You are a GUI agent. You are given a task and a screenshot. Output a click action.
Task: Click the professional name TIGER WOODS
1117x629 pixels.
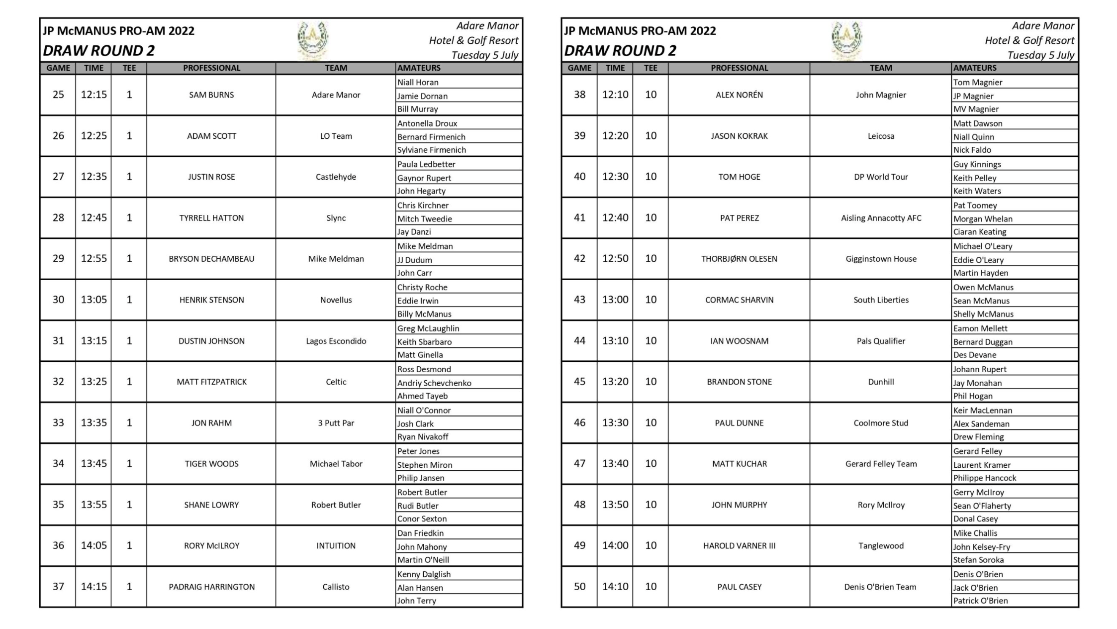[211, 464]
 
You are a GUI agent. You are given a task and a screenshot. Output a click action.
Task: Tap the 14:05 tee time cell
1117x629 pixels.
[93, 545]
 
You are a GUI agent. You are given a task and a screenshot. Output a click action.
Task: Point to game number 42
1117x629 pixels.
[579, 258]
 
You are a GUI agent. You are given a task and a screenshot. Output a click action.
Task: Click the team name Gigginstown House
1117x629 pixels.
[880, 259]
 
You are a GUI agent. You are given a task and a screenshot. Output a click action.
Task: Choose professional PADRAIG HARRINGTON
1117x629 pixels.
[211, 587]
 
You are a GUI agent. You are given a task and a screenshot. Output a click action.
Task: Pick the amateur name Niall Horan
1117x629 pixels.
[418, 82]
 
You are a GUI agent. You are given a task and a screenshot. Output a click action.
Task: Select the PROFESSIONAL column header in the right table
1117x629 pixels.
[739, 68]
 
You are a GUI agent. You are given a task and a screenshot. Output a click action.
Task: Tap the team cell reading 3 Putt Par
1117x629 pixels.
[336, 423]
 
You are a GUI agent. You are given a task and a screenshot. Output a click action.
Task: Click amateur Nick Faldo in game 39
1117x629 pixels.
[972, 150]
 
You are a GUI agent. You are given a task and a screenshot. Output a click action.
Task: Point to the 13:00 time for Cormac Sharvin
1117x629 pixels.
[615, 300]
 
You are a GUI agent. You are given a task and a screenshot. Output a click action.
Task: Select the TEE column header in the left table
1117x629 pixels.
[129, 68]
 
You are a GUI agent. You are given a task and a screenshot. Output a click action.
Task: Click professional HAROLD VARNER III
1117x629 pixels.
[739, 545]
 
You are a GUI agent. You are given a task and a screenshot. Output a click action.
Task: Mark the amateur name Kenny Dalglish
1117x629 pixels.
[424, 574]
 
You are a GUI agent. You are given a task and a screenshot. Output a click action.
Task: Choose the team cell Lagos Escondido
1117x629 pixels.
[336, 341]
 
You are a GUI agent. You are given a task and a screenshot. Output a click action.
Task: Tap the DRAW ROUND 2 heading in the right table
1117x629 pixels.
[620, 51]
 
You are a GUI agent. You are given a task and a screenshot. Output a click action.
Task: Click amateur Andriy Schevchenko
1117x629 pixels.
[434, 383]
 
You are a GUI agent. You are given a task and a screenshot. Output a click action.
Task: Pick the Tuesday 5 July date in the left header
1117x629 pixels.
[484, 55]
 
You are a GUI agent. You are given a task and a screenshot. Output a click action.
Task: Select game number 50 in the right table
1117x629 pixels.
[579, 586]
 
